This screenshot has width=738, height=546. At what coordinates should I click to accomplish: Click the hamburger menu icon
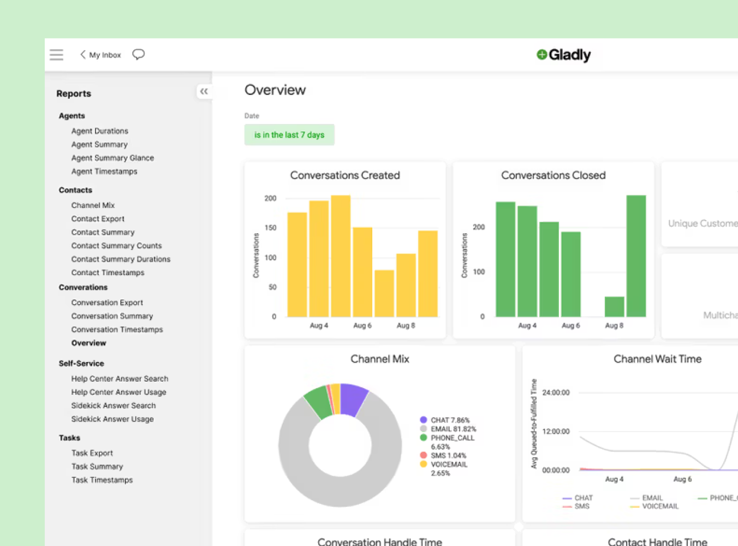tap(56, 55)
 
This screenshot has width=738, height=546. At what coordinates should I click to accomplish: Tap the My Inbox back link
tap(101, 55)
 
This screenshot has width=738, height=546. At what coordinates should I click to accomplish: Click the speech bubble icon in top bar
tap(139, 54)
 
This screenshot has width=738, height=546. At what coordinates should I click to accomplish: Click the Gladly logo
tap(563, 55)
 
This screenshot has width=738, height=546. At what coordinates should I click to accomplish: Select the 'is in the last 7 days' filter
tap(289, 135)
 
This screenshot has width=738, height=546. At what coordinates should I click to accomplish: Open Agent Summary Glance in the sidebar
tap(112, 158)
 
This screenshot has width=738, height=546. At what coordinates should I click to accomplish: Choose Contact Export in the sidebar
tap(98, 218)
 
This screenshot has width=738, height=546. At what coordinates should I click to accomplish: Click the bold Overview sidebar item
tap(88, 343)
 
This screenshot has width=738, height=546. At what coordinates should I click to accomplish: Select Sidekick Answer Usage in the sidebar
tap(112, 419)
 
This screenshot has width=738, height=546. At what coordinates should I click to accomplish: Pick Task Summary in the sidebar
tap(97, 466)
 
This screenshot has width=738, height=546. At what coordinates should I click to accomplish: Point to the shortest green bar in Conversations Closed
tap(614, 307)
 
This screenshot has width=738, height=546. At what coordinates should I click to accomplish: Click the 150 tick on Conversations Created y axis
tap(270, 228)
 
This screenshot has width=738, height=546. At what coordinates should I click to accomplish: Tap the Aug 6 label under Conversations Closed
tap(570, 325)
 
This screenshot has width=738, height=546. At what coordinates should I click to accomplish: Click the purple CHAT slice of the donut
tap(353, 399)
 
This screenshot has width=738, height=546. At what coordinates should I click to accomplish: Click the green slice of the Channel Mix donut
tap(317, 401)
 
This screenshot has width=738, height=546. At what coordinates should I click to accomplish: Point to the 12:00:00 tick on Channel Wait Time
tap(556, 431)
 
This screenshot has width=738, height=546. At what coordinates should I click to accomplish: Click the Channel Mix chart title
tap(379, 359)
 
